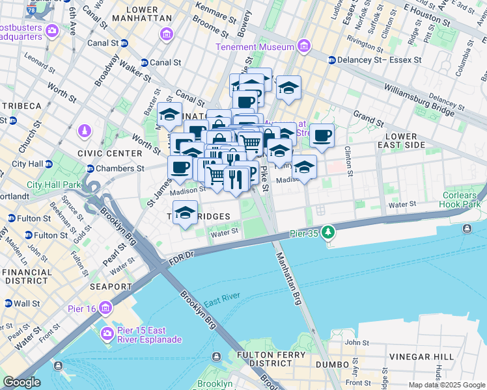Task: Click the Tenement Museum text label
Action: click(x=257, y=47)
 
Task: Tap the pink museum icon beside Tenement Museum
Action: click(x=303, y=46)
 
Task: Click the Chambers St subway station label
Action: click(x=120, y=168)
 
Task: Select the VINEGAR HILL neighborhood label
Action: click(x=418, y=357)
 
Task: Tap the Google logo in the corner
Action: click(x=21, y=382)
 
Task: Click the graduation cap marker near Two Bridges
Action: click(x=185, y=213)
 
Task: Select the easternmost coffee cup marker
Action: click(x=322, y=136)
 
